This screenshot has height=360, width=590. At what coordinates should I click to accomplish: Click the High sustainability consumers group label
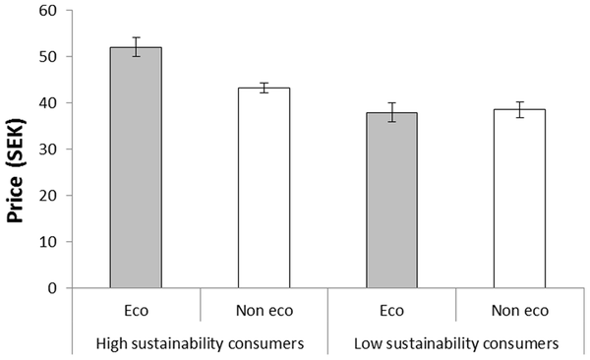click(200, 344)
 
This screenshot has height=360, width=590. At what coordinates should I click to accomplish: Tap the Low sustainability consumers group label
click(455, 344)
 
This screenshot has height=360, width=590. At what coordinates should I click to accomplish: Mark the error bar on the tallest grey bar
click(136, 46)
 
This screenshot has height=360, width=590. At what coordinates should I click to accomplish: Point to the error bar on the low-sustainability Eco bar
click(391, 111)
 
